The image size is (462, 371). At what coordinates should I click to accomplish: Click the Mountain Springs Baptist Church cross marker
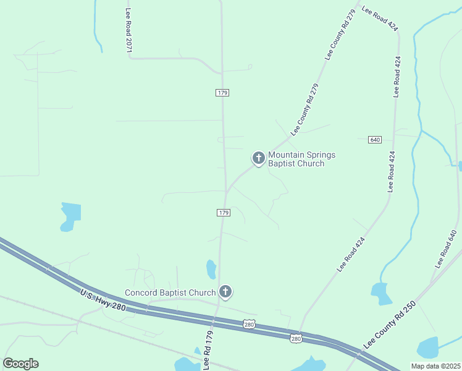click(258, 158)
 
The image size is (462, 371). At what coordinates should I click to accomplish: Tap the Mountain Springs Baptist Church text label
click(301, 160)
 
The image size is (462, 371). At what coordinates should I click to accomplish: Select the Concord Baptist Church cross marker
click(225, 292)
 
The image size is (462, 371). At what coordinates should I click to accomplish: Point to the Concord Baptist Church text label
click(170, 292)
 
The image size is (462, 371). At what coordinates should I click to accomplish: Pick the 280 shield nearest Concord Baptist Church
click(249, 324)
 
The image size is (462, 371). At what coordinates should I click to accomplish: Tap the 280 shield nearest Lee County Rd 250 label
click(296, 338)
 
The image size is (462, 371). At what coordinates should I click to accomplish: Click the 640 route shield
click(375, 140)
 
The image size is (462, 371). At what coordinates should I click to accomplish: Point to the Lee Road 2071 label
click(129, 30)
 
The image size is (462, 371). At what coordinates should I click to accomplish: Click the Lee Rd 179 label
click(209, 350)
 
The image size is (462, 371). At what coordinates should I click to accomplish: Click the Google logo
click(20, 364)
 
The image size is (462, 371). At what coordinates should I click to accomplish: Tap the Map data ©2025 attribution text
click(435, 365)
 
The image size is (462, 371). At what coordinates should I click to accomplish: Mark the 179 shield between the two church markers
click(224, 213)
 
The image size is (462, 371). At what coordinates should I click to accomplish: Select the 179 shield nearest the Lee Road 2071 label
click(222, 93)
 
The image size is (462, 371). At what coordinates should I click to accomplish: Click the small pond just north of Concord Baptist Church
click(211, 269)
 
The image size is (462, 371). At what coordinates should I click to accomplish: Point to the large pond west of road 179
click(70, 216)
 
